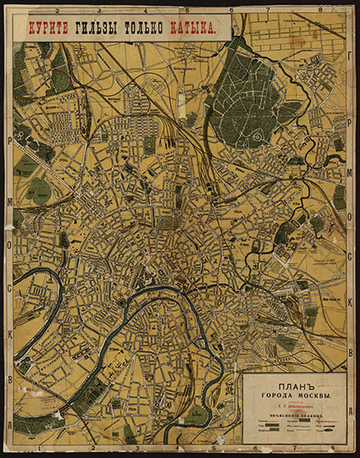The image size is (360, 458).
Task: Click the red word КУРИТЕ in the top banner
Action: click(48, 26)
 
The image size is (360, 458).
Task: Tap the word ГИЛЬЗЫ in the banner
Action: click(101, 26)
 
